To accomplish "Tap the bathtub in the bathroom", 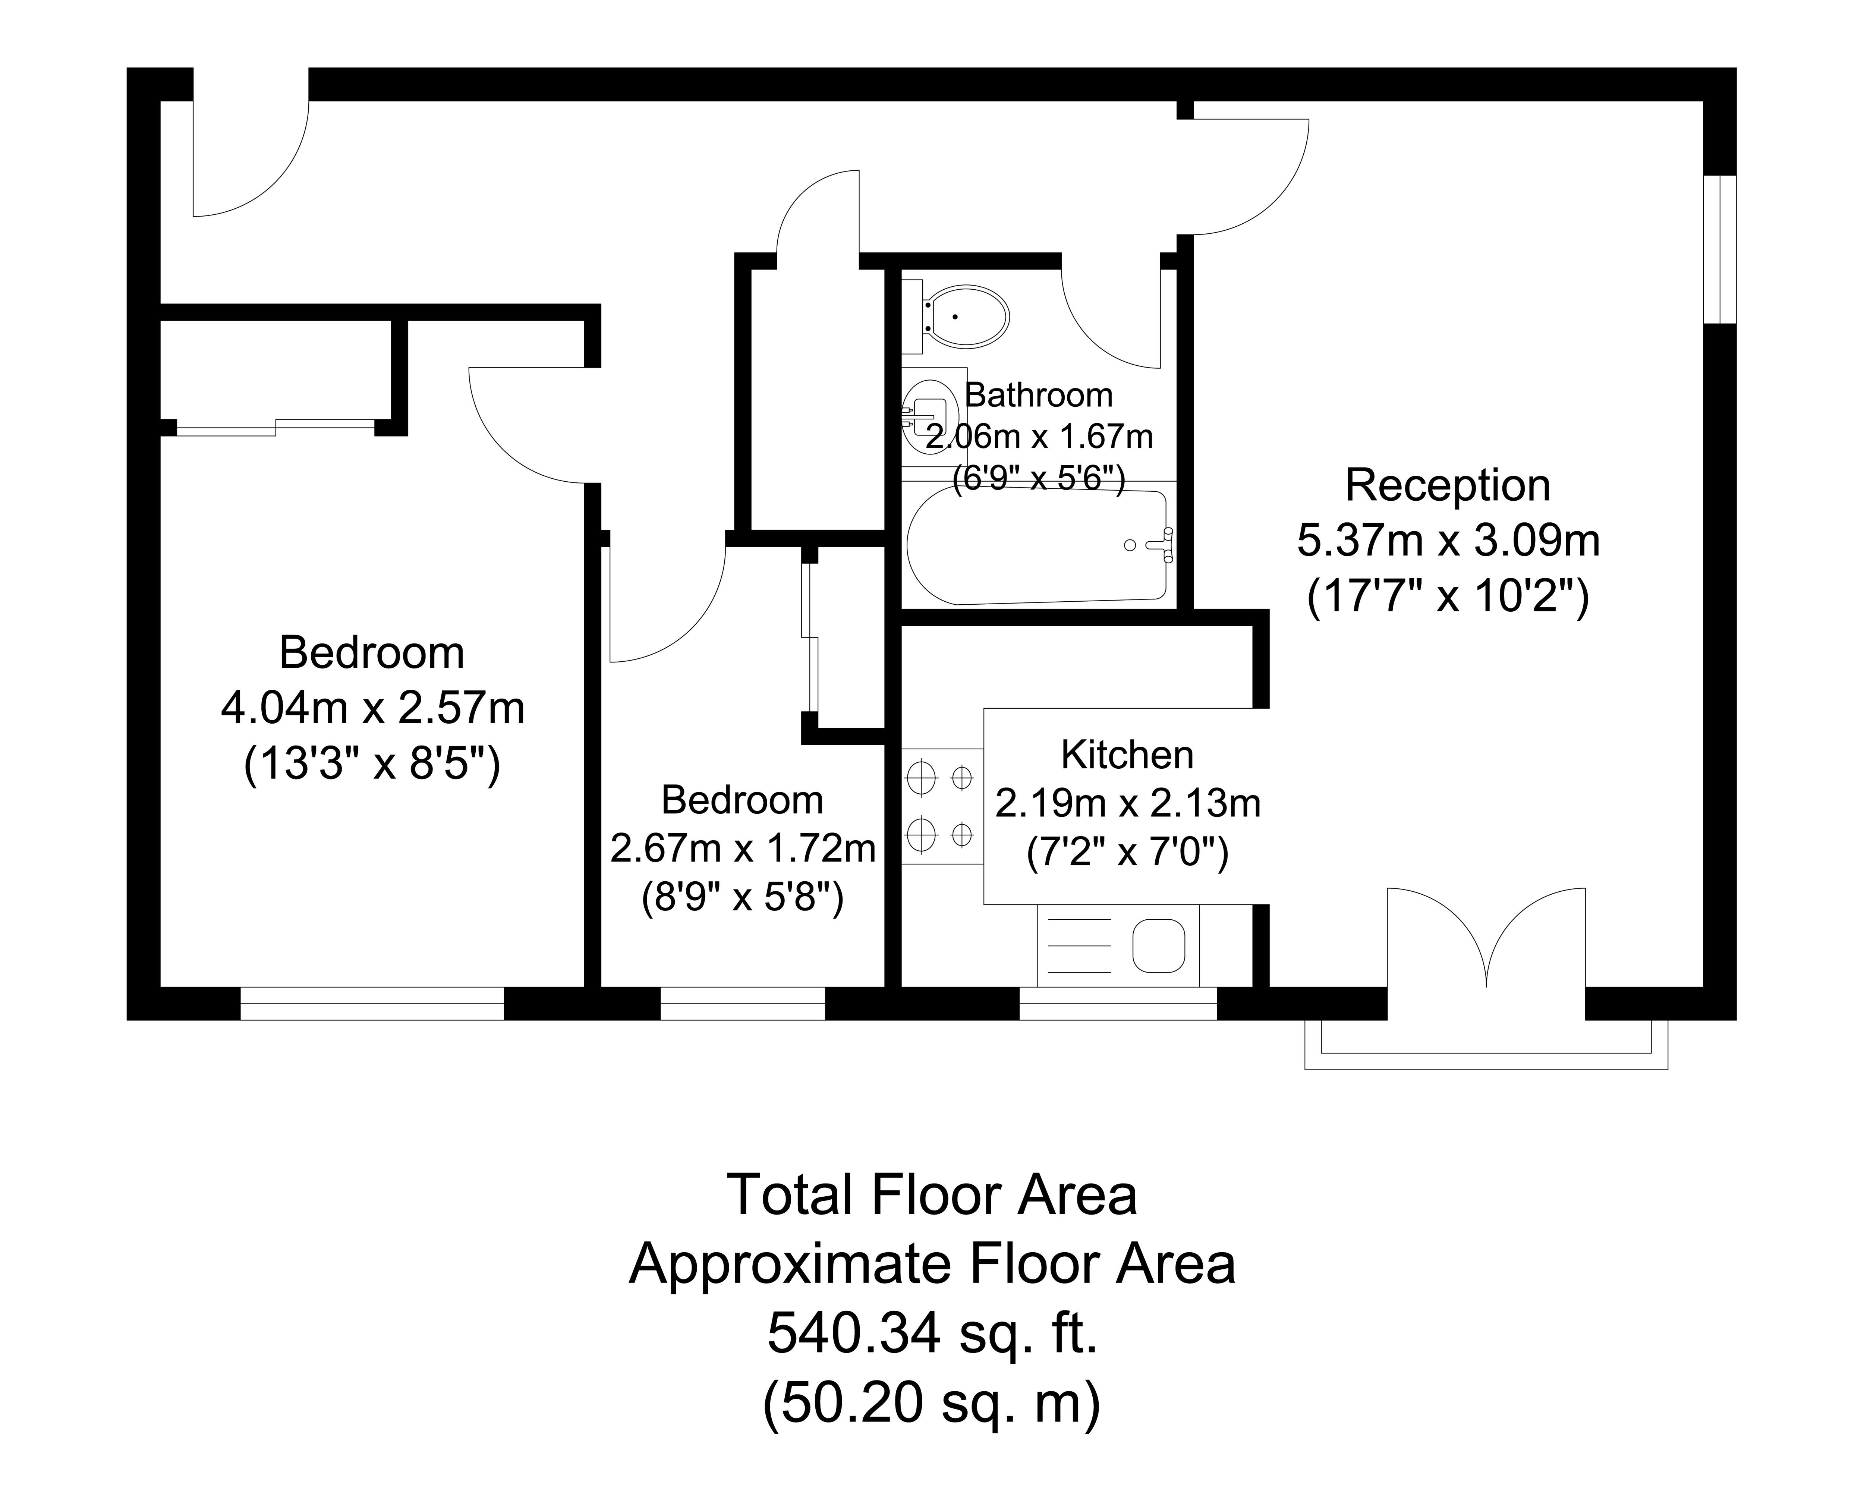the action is click(x=1038, y=545).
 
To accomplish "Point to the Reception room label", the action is click(x=1447, y=485).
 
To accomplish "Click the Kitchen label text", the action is click(x=1127, y=755).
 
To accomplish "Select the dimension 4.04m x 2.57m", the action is click(x=373, y=708).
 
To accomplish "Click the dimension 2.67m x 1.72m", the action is click(x=743, y=849).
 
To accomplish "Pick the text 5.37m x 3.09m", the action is click(x=1448, y=541).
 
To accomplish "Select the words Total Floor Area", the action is click(x=932, y=1194).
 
